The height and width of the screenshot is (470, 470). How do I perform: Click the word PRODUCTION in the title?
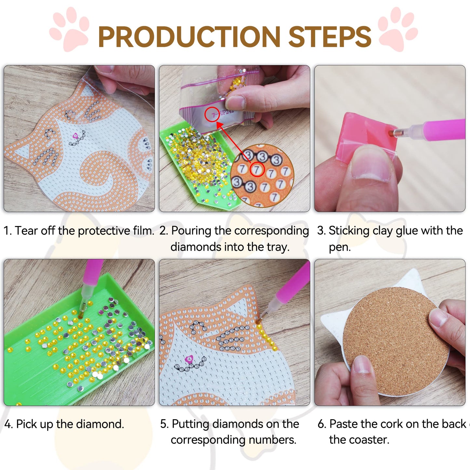(189, 36)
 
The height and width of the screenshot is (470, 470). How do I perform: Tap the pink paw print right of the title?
(398, 29)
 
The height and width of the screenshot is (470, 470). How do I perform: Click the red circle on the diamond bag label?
(212, 114)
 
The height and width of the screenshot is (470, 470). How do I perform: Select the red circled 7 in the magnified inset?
(257, 169)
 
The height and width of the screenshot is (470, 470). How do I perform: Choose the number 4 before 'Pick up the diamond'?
(8, 424)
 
